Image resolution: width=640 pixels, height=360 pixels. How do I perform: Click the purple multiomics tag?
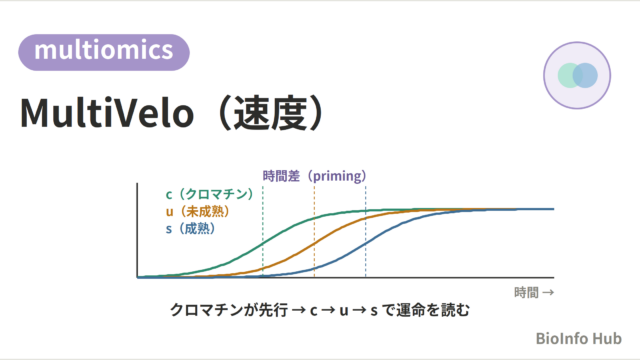point(104,52)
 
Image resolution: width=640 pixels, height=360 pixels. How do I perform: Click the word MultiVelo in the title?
point(107,113)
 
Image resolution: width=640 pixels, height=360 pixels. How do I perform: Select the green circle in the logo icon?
point(570,76)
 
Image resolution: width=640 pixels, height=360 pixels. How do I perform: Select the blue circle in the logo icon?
point(585,76)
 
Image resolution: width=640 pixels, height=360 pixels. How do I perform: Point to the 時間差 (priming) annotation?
point(314,176)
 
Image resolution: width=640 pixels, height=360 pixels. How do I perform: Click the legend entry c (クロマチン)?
point(209,194)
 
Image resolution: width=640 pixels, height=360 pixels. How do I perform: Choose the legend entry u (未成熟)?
point(198,211)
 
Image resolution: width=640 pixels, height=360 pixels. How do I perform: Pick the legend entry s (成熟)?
point(190,229)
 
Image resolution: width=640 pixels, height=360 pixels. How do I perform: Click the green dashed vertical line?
point(263,231)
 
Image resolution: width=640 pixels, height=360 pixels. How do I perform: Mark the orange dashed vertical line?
point(314,231)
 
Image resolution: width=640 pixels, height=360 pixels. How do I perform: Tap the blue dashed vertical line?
point(366,231)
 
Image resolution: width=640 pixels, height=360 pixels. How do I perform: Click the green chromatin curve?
point(263,243)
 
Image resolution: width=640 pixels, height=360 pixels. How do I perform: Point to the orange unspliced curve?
point(314,243)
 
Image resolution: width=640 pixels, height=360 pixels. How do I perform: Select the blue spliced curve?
point(366,243)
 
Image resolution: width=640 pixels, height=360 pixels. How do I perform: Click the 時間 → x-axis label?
point(534,293)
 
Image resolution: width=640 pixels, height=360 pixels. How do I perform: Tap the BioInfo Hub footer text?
point(578,338)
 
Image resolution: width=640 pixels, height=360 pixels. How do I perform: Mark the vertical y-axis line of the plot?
point(137,230)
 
